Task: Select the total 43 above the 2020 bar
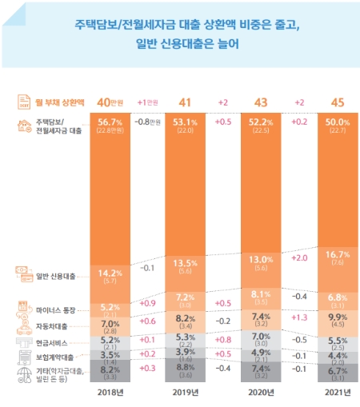259,102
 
